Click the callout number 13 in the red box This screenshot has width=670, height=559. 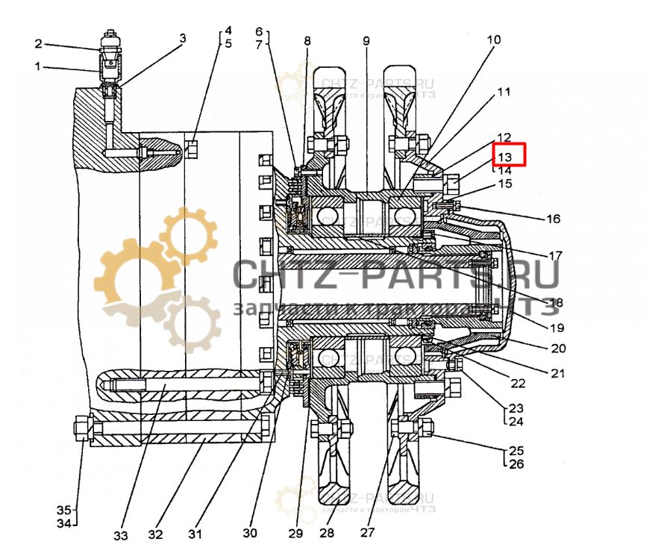(505, 156)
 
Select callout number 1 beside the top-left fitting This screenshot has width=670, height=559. (38, 66)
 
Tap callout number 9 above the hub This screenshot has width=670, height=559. (366, 40)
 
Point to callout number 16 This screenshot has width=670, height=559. (552, 219)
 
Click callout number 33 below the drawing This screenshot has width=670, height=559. (121, 535)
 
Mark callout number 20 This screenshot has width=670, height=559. (559, 348)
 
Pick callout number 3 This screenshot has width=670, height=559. (182, 37)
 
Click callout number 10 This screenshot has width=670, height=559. (495, 39)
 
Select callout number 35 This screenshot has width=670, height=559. (65, 510)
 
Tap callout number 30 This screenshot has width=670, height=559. (250, 533)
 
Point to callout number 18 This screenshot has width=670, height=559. (555, 302)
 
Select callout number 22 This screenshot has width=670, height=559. (518, 383)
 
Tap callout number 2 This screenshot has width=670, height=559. (38, 44)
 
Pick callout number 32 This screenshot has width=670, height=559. (155, 534)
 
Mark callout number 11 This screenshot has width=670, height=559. (504, 93)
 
